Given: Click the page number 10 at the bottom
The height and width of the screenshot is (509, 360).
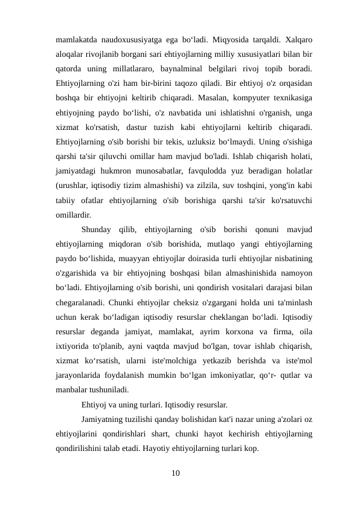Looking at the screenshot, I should click(176, 472).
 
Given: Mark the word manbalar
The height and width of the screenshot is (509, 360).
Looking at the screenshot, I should click(72, 390).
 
